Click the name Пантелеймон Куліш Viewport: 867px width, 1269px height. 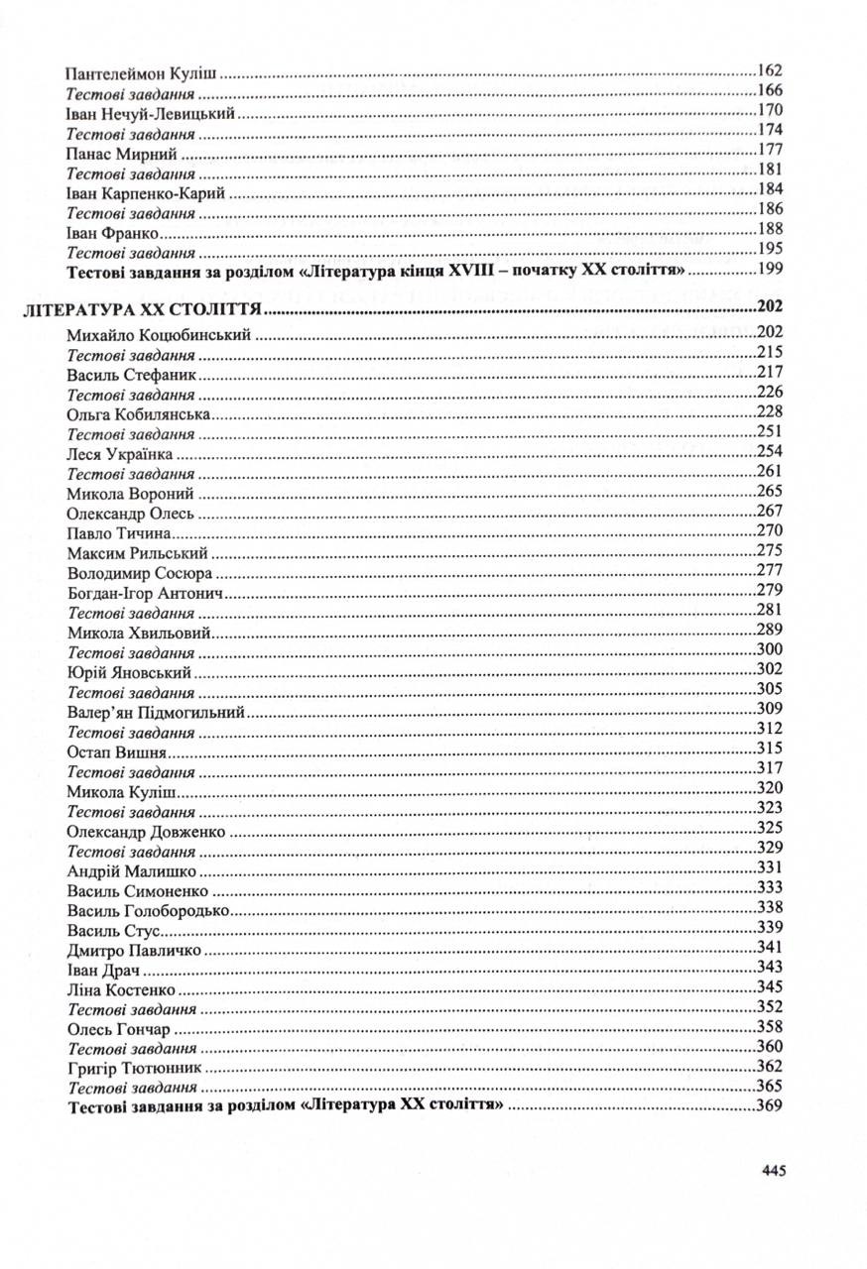click(141, 72)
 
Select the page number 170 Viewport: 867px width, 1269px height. click(770, 111)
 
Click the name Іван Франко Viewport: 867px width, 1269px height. click(113, 229)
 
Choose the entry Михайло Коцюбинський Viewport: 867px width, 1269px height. click(158, 335)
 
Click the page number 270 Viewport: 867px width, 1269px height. click(770, 531)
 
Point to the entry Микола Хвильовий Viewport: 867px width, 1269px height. click(139, 632)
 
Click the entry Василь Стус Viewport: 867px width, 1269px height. click(115, 929)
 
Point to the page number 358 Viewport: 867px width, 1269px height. click(770, 1027)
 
